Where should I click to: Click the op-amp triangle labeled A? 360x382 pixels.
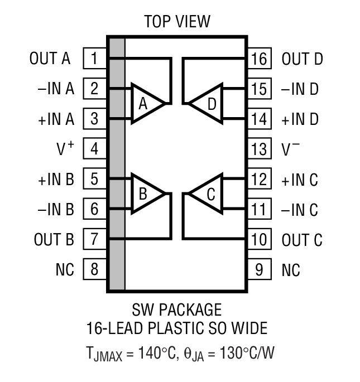(x=145, y=103)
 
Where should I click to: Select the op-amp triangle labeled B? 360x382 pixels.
(x=145, y=194)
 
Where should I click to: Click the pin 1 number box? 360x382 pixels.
(x=94, y=58)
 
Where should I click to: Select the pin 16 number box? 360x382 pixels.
(x=259, y=59)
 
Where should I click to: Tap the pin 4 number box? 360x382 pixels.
(x=94, y=149)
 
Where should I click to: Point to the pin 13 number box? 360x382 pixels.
(x=259, y=149)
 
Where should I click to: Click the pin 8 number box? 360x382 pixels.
(x=94, y=270)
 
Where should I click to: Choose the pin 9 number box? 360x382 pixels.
(x=259, y=270)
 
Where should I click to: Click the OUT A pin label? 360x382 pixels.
(x=50, y=58)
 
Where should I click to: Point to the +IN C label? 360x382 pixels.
(x=300, y=180)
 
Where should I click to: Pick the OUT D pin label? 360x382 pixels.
(x=303, y=59)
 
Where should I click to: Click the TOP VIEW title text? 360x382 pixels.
(x=177, y=22)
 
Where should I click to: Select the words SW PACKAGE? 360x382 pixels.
(x=176, y=309)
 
